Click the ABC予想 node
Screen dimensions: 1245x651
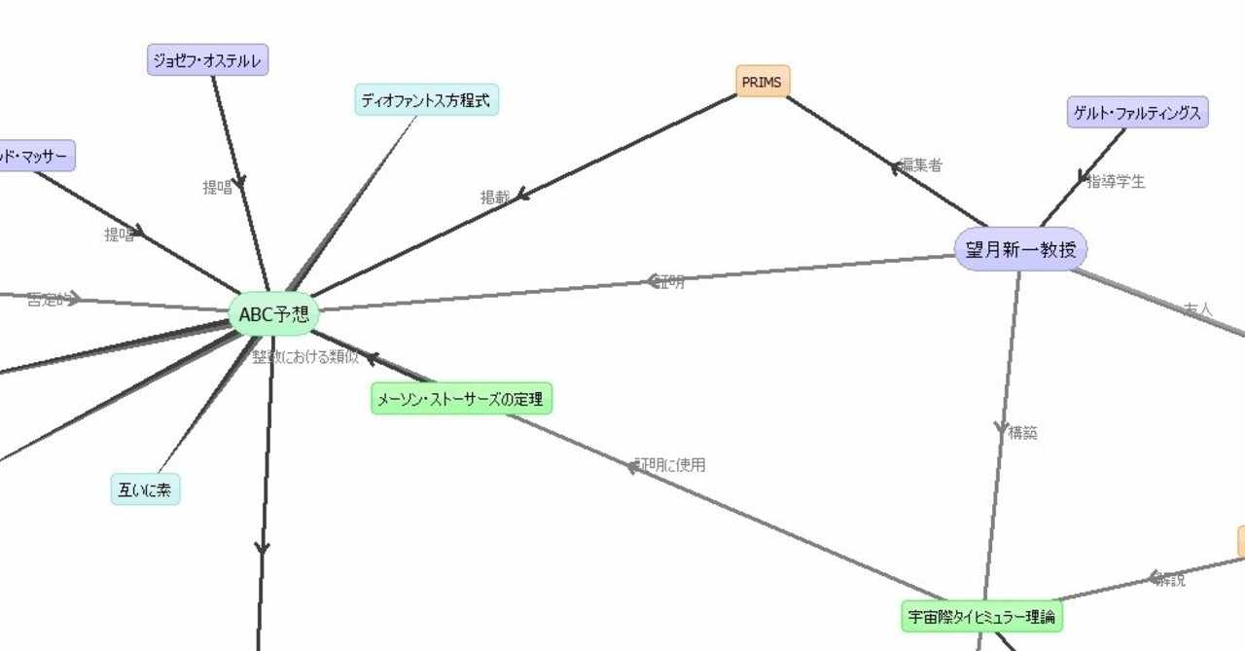[273, 315]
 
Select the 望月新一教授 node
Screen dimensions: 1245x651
[1020, 250]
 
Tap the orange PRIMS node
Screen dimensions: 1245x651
[762, 82]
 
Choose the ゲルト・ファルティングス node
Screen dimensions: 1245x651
[1137, 113]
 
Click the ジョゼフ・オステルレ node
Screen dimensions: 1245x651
[207, 60]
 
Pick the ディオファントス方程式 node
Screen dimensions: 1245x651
[427, 99]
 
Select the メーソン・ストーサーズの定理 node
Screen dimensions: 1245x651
[461, 398]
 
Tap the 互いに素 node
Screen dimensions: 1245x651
[145, 490]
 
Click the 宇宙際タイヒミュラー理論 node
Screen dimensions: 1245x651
[981, 617]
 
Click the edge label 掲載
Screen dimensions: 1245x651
[495, 197]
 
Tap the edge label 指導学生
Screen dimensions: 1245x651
[1116, 181]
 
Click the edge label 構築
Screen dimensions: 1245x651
[1023, 433]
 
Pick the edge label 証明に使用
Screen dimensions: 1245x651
[671, 465]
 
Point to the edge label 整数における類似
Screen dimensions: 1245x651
[305, 356]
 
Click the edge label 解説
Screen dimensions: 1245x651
[1170, 580]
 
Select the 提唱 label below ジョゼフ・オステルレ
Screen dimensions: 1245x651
[217, 188]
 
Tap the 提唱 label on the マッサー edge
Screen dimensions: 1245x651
[119, 235]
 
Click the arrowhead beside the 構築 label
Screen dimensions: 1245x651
[1001, 428]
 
